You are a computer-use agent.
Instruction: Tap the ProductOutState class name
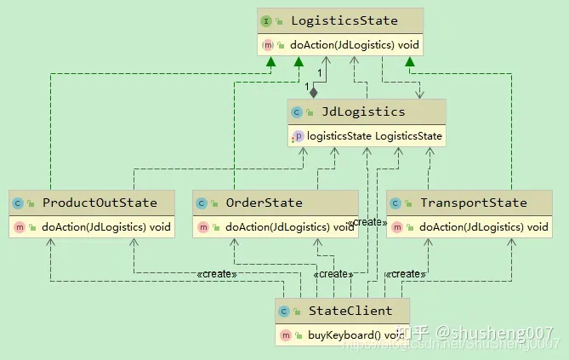[100, 203]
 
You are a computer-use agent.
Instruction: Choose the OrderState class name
[264, 203]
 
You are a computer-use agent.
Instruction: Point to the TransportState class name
[473, 203]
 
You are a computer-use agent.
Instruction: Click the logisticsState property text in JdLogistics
[373, 135]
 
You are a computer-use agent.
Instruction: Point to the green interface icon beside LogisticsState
[265, 20]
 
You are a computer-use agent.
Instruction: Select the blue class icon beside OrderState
[201, 203]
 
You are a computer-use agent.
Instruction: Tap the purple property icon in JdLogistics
[298, 135]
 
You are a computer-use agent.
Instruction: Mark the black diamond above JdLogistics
[313, 90]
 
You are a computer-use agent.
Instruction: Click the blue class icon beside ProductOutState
[18, 203]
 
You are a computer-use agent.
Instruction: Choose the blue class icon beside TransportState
[395, 203]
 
